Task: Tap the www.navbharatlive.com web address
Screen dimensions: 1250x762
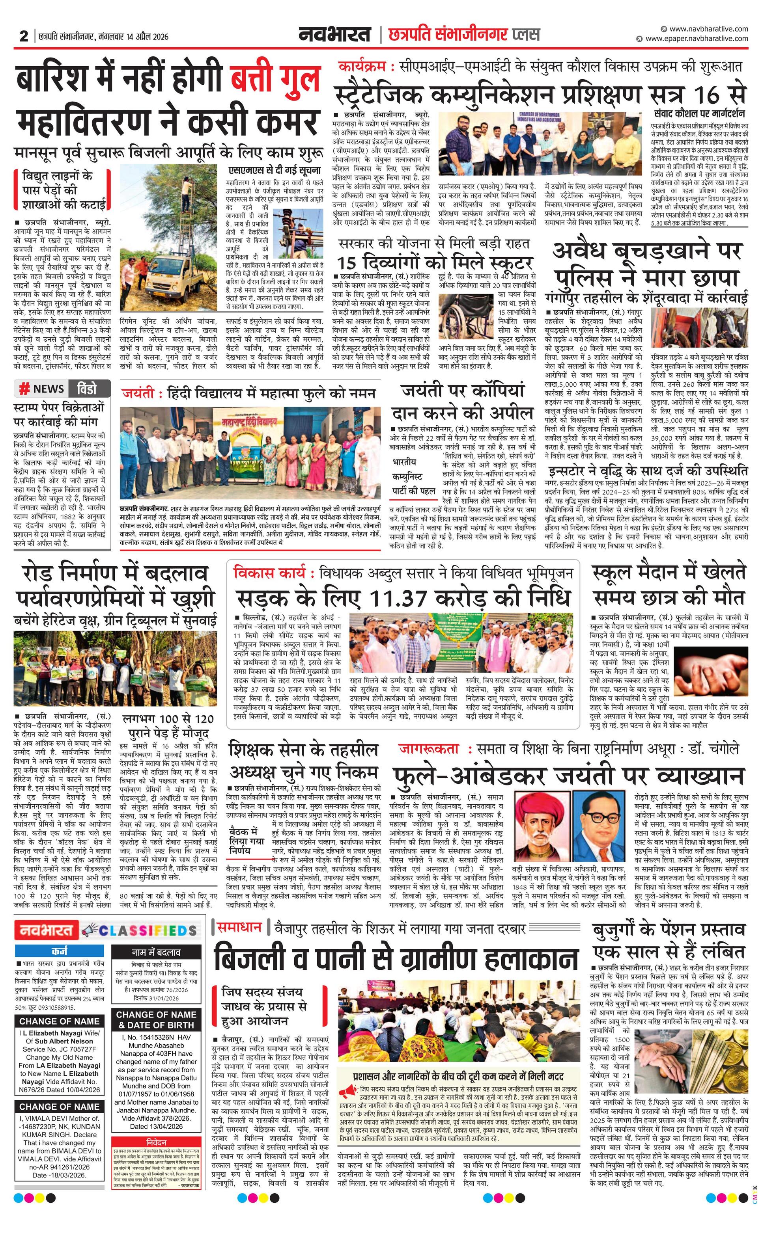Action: (708, 29)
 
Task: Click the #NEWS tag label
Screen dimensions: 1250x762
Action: (42, 389)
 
